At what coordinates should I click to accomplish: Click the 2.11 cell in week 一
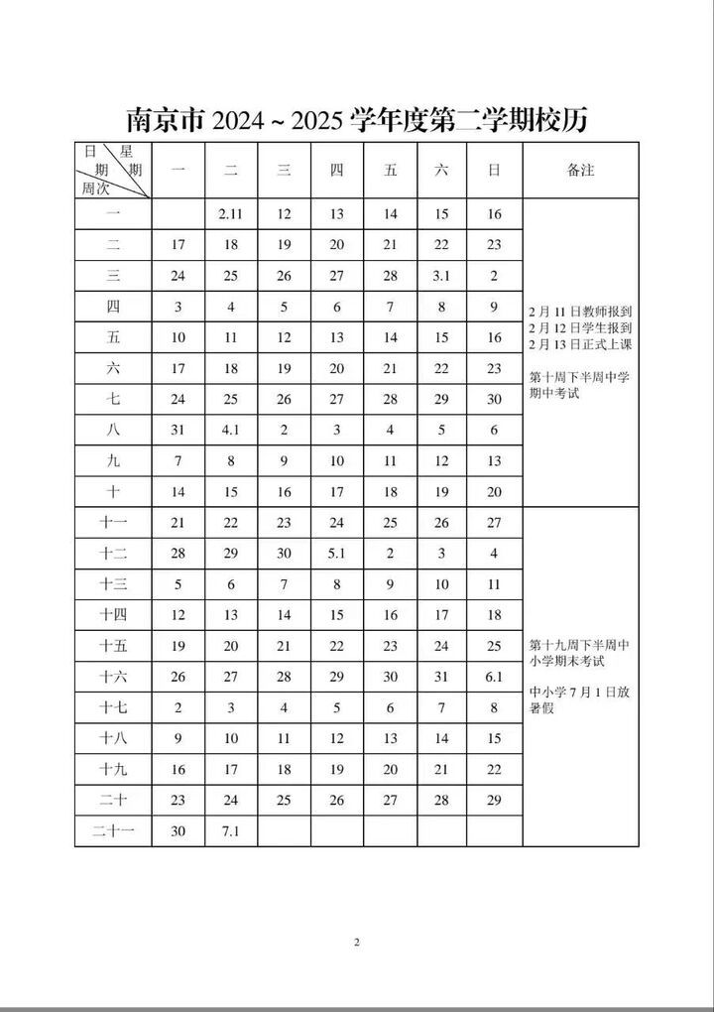click(x=230, y=214)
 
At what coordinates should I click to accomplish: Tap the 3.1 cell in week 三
click(x=441, y=276)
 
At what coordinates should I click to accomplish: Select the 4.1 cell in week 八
click(x=230, y=430)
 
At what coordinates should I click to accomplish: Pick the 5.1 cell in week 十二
click(x=336, y=553)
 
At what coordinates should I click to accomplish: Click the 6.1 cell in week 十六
click(x=494, y=677)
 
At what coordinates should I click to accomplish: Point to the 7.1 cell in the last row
click(x=230, y=830)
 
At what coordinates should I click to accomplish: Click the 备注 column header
click(x=580, y=171)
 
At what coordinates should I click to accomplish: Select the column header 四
click(x=336, y=171)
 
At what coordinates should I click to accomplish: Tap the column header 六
click(x=441, y=171)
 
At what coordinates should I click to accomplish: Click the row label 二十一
click(x=113, y=830)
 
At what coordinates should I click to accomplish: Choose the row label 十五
click(x=113, y=646)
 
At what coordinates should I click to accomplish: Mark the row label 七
click(x=113, y=399)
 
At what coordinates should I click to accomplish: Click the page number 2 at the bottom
click(x=357, y=942)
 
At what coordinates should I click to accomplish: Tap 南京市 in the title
click(x=165, y=120)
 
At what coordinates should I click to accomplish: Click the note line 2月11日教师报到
click(x=580, y=310)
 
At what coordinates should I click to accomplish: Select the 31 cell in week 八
click(x=178, y=430)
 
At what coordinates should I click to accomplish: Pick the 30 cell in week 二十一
click(x=178, y=830)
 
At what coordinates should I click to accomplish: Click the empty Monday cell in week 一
click(x=178, y=214)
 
